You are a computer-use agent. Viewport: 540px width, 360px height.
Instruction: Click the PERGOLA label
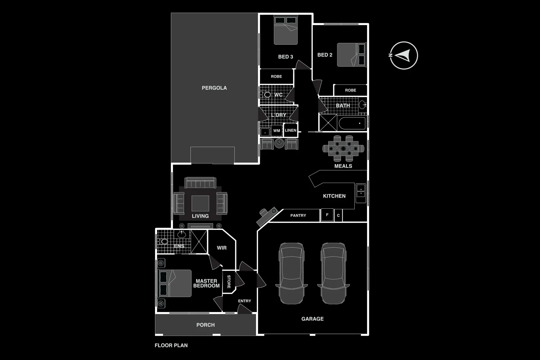coord(214,88)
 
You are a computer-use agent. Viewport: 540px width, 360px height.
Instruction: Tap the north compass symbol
coord(404,55)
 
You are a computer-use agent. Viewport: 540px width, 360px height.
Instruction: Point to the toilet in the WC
coord(266,95)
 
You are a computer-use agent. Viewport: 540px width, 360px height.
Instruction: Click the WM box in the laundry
coord(277,131)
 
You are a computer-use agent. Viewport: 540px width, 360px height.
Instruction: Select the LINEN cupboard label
coord(290,130)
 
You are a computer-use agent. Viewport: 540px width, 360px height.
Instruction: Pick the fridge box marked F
coord(327,215)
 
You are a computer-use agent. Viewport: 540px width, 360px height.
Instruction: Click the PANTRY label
coord(298,216)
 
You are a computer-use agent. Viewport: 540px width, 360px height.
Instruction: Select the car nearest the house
coord(291,273)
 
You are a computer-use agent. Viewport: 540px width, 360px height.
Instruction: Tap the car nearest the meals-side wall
coord(333,273)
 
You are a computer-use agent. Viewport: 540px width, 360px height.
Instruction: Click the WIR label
coord(222,248)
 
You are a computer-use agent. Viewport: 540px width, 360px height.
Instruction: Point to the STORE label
coord(229,282)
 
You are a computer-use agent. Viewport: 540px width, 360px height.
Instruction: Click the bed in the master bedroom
coord(175,283)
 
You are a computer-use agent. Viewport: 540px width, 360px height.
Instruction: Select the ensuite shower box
coord(199,242)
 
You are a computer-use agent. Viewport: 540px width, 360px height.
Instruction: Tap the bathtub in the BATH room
coord(352,123)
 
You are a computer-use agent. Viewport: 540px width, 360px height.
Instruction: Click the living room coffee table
coord(200,203)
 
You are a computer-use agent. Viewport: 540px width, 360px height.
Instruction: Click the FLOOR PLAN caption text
coord(171,345)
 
